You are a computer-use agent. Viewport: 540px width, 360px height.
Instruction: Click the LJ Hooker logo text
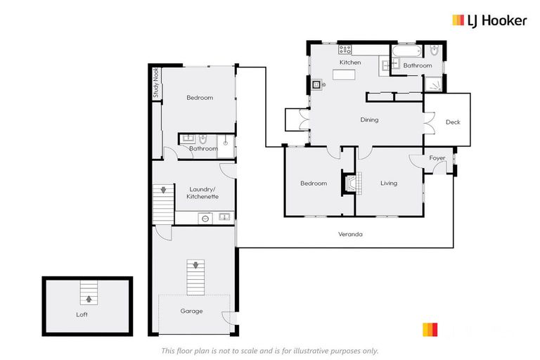(496, 20)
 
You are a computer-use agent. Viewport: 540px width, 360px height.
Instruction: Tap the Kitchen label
(350, 63)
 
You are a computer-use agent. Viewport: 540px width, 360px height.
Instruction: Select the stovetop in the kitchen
(345, 49)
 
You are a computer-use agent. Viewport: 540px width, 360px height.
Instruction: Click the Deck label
(453, 122)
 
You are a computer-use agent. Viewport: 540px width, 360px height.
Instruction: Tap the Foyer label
(437, 158)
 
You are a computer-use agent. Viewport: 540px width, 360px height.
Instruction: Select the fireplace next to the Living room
(351, 183)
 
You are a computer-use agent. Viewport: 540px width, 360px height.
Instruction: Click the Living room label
(389, 184)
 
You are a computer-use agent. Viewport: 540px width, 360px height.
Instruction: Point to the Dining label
(369, 120)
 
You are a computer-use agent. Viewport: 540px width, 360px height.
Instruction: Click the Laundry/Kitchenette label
(202, 193)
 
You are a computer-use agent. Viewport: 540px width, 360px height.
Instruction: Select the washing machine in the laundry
(205, 218)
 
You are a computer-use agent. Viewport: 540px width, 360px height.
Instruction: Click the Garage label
(191, 311)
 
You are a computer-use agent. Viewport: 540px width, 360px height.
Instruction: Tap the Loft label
(82, 314)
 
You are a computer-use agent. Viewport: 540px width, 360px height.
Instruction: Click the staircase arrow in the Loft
(89, 298)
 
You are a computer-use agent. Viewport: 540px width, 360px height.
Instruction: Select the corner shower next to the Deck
(434, 84)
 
